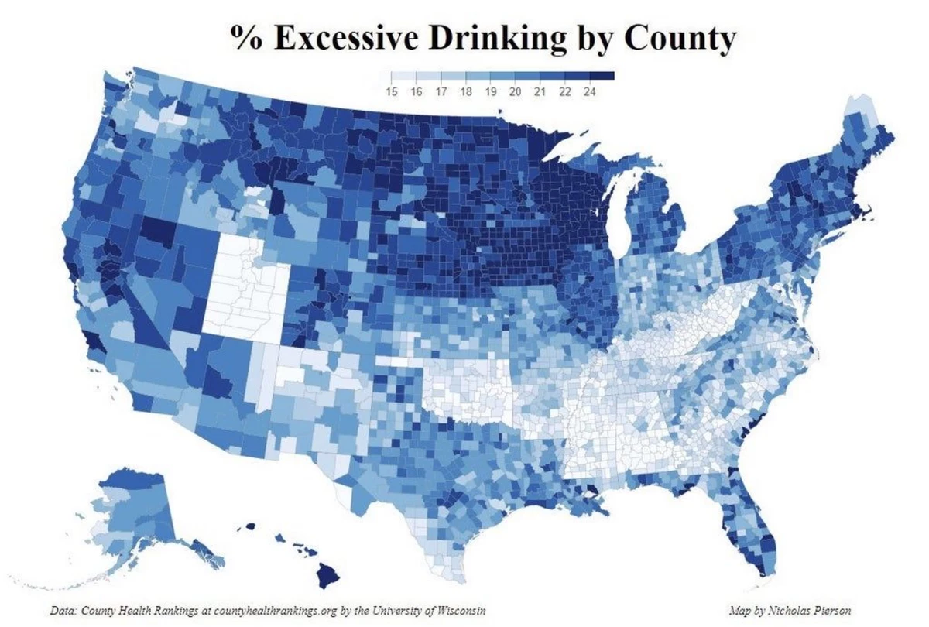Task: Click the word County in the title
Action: coord(673,39)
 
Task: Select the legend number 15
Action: coord(391,91)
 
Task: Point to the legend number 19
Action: coord(490,91)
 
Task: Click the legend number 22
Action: coord(564,91)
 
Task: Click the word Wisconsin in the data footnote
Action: coord(458,611)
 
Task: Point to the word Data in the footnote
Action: coord(63,611)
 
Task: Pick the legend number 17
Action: coord(441,91)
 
